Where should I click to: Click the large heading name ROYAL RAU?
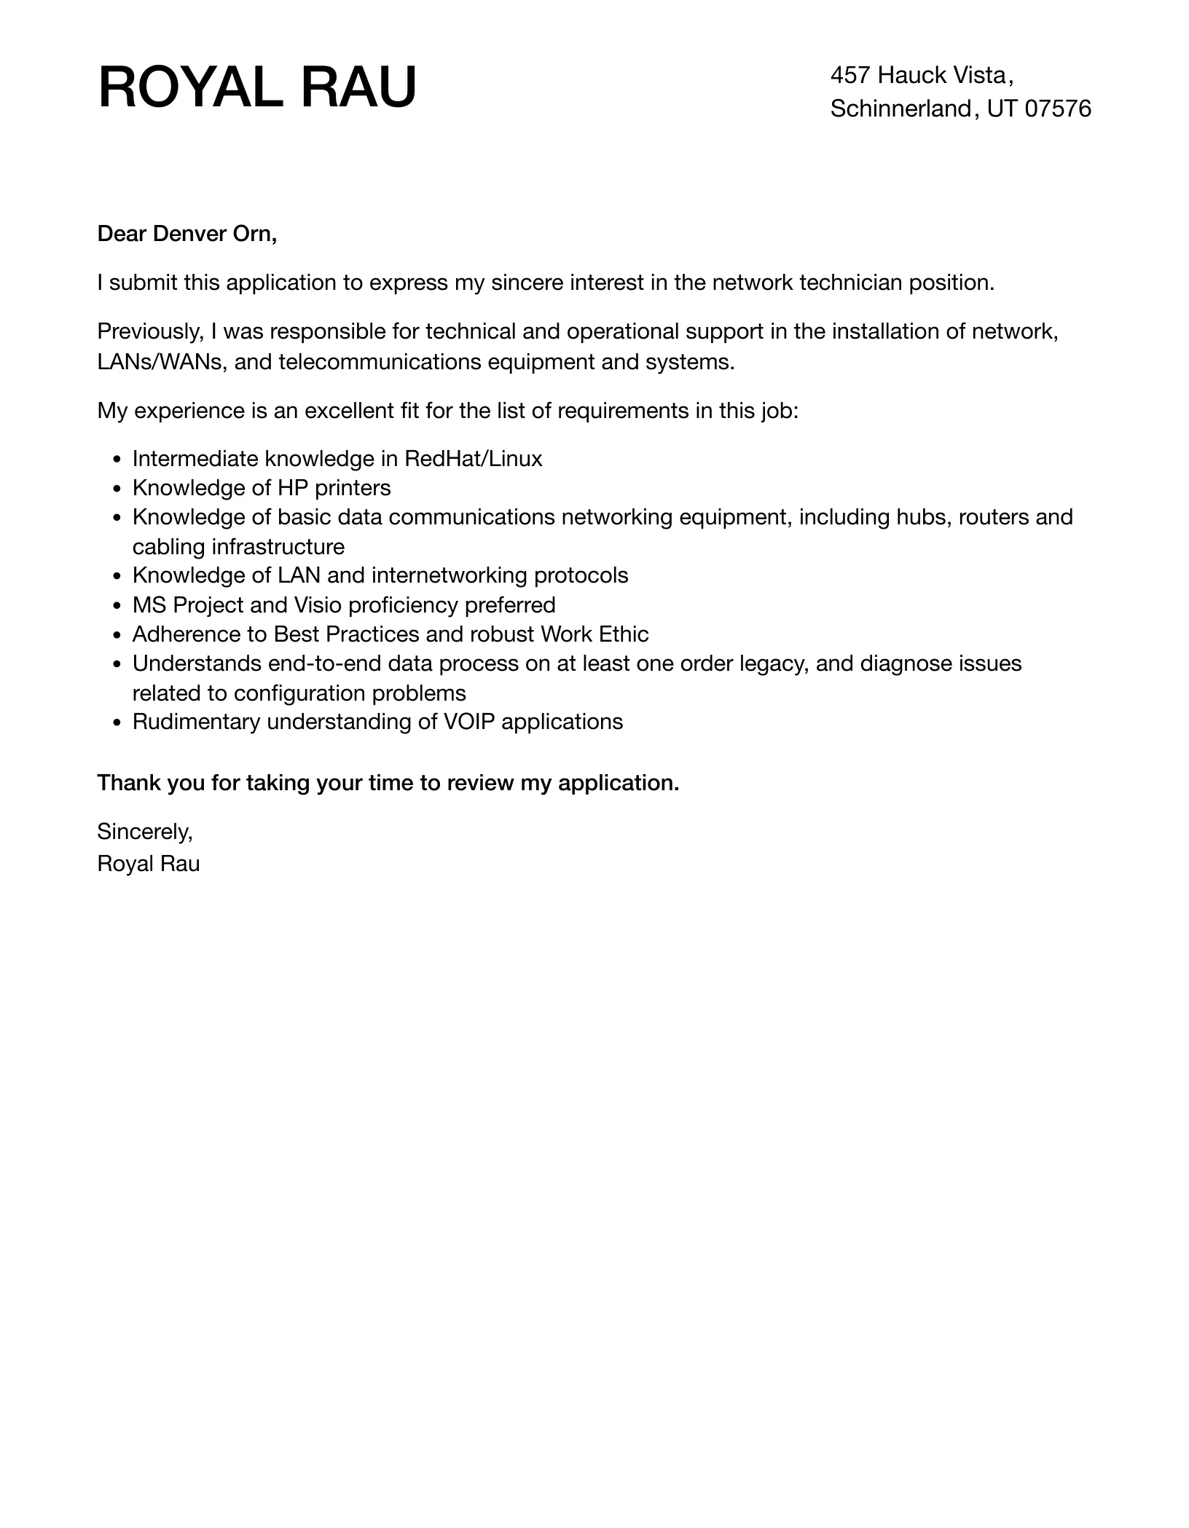[x=257, y=88]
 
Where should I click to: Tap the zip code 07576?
[x=1058, y=109]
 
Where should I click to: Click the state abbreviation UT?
[x=1002, y=109]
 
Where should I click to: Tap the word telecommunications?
[x=380, y=362]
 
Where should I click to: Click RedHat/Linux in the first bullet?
[x=473, y=459]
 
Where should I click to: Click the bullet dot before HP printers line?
[x=117, y=489]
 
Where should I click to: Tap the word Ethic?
[x=623, y=634]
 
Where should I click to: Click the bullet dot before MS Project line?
[x=117, y=606]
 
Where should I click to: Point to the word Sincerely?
[x=144, y=831]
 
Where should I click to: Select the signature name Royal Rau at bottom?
[x=149, y=864]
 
